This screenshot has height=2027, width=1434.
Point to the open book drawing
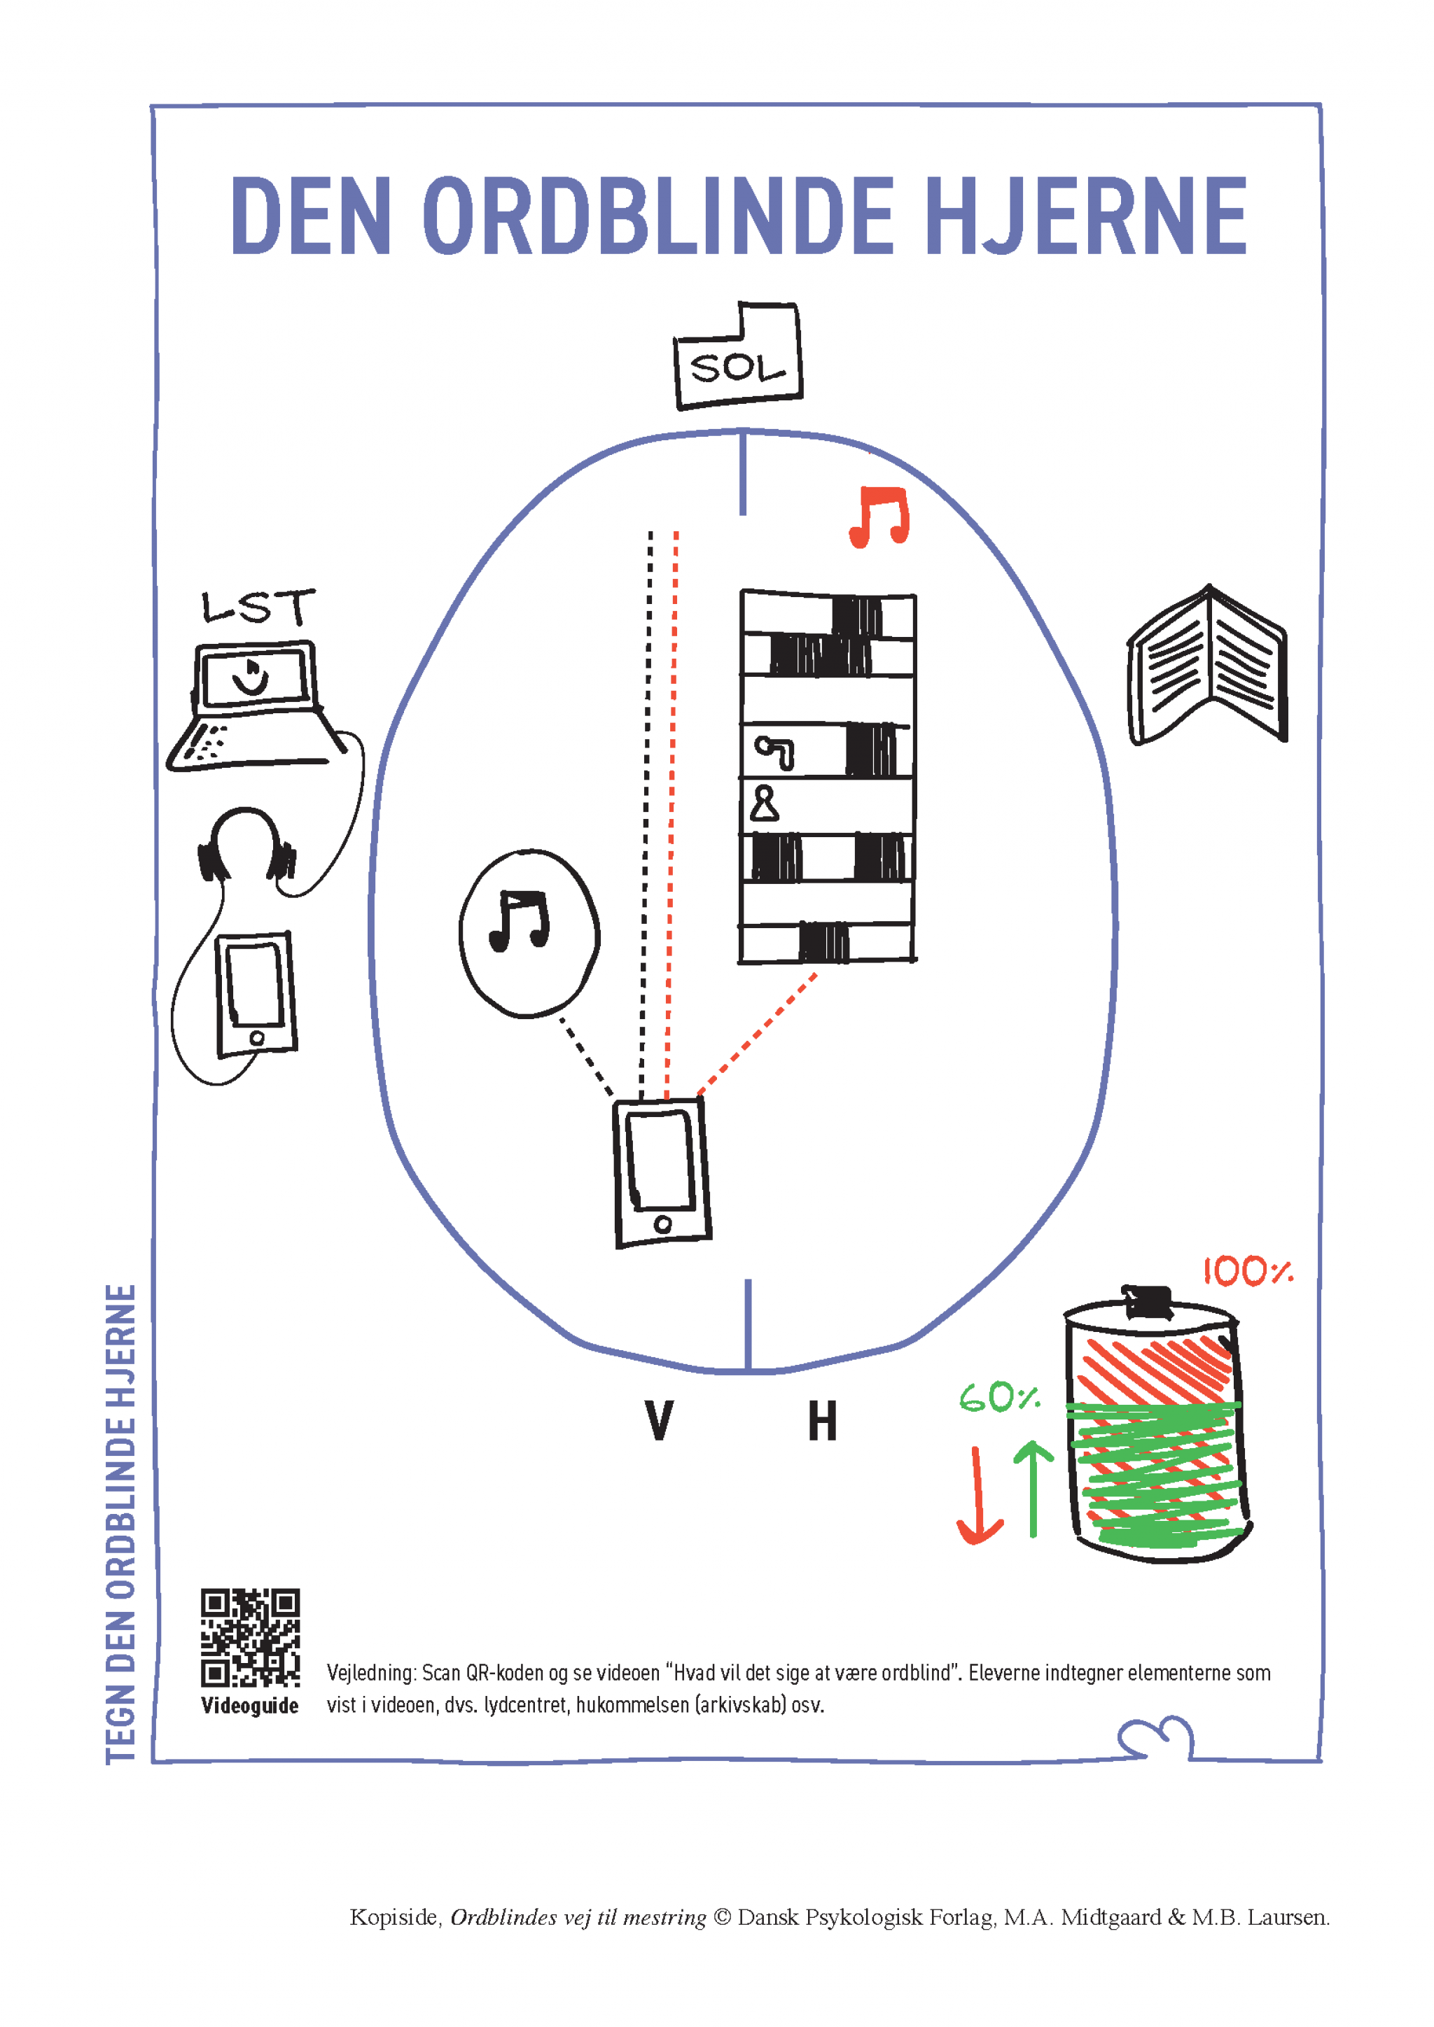pyautogui.click(x=1207, y=666)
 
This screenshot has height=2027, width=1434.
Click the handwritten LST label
pyautogui.click(x=257, y=607)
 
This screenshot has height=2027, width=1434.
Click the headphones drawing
pyautogui.click(x=246, y=848)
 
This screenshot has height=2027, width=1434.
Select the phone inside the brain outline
pyautogui.click(x=662, y=1172)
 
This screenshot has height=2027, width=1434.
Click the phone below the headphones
pyautogui.click(x=256, y=994)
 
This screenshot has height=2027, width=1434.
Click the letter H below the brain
pyautogui.click(x=822, y=1422)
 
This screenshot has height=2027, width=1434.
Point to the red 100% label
pyautogui.click(x=1247, y=1272)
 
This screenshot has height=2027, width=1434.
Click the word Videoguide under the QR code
pyautogui.click(x=250, y=1706)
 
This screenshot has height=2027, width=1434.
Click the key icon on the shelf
pyautogui.click(x=775, y=752)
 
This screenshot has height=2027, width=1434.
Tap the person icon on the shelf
pyautogui.click(x=764, y=804)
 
